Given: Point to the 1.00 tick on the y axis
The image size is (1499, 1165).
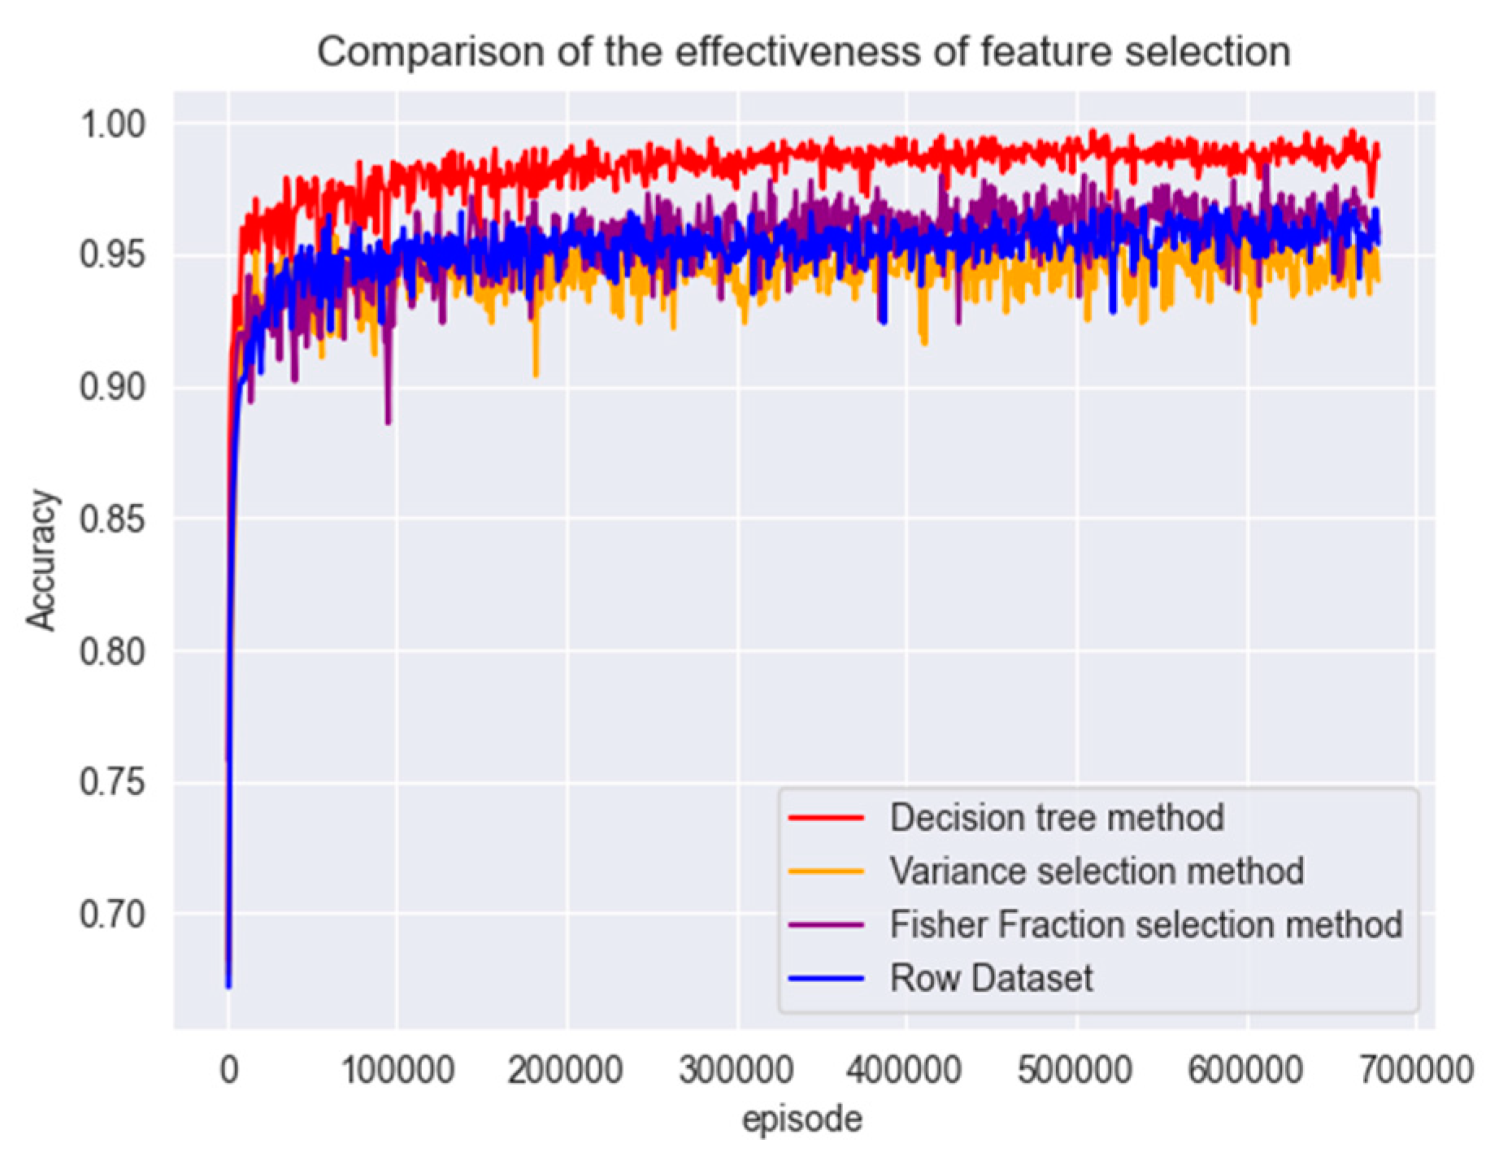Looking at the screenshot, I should click(x=112, y=124).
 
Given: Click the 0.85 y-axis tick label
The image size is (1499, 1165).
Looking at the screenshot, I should click(x=112, y=519).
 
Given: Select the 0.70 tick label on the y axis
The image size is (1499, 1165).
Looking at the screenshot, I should click(x=112, y=914).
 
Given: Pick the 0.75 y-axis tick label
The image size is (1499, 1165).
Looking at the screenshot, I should click(x=112, y=782).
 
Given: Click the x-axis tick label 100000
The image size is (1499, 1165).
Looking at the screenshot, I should click(x=397, y=1070).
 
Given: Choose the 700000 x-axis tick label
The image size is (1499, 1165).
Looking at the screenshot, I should click(x=1416, y=1070).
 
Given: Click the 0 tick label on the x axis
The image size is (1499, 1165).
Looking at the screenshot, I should click(x=229, y=1070).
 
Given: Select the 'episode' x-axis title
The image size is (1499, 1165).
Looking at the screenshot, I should click(x=802, y=1119).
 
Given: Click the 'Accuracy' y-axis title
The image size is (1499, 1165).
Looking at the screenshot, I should click(x=42, y=560).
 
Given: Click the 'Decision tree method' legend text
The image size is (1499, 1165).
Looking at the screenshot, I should click(x=1056, y=817).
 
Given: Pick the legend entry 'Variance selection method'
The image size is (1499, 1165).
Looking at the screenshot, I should click(x=1096, y=871).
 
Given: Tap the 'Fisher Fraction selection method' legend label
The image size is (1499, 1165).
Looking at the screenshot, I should click(x=1145, y=924).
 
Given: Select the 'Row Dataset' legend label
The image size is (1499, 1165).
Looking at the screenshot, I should click(x=991, y=978).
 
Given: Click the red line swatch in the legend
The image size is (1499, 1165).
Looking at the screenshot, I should click(x=826, y=817).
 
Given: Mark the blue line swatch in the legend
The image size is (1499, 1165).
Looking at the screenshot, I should click(x=826, y=978).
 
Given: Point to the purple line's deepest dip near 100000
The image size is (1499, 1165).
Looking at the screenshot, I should click(x=389, y=422).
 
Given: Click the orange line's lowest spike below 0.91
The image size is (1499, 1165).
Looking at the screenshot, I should click(x=536, y=375).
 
